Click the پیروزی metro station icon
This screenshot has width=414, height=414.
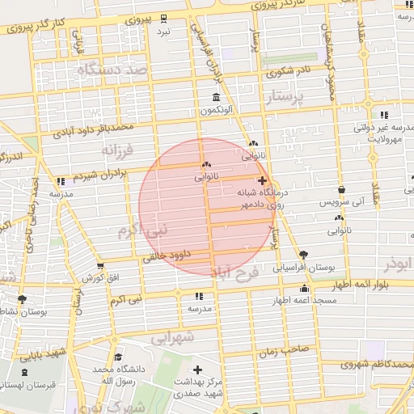[x=164, y=18]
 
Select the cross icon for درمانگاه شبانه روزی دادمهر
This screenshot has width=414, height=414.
[x=261, y=180]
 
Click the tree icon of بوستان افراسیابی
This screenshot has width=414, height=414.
[x=303, y=254]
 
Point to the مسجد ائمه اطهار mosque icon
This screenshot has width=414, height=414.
[x=304, y=289]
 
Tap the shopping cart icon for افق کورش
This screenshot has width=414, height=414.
[x=100, y=266]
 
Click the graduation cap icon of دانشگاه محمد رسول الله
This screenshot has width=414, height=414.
[x=118, y=357]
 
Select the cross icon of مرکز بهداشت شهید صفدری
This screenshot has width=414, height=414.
[x=198, y=369]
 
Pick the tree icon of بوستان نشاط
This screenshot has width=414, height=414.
[x=22, y=299]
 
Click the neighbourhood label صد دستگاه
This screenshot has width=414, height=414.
[x=114, y=70]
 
